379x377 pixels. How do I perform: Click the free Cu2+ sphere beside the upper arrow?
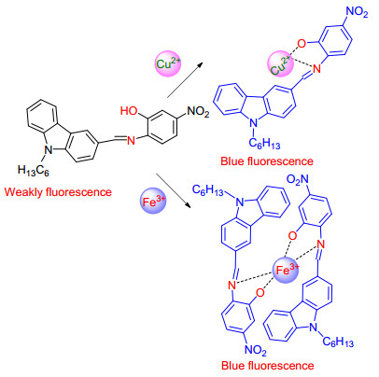pos(168,64)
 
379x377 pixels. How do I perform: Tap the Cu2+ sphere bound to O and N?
pos(280,64)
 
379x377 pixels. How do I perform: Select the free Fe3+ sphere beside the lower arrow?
pos(153,201)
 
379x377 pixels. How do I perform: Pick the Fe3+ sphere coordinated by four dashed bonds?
pos(286,270)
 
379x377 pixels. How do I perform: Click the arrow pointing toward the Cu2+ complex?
pos(185,80)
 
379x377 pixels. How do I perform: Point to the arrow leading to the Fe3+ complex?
pos(173,190)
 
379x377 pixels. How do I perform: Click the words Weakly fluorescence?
pos(58,191)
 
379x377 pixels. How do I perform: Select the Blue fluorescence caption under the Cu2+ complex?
pos(267,161)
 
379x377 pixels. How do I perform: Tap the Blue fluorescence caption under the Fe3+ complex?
pos(267,365)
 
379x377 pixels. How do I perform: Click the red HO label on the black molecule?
pos(129,110)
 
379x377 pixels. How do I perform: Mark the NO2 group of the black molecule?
pos(198,111)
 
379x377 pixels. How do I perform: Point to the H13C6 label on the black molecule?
pos(34,171)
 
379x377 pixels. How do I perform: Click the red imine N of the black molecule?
pos(132,141)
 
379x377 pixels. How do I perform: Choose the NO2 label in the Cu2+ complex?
pos(358,12)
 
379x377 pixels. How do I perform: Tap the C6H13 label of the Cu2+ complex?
pos(264,144)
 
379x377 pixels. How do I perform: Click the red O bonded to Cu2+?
pos(302,44)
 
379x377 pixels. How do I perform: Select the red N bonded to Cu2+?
pos(316,69)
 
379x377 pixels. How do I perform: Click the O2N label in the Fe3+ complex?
pos(298,179)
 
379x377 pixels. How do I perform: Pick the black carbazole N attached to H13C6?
pos(48,150)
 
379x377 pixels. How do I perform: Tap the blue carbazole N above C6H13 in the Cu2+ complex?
pos(254,123)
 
